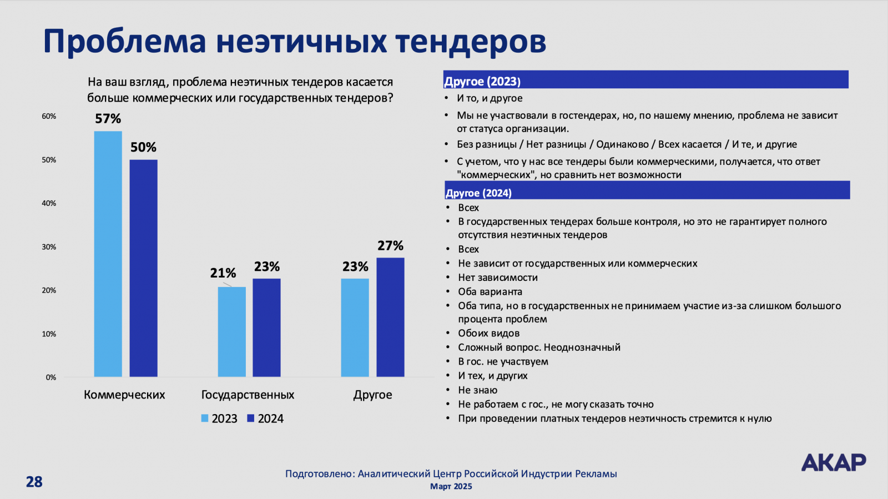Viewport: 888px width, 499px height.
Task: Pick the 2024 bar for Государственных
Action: (266, 327)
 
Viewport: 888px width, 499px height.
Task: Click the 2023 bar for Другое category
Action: (355, 327)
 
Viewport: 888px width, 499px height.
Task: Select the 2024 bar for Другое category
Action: (390, 317)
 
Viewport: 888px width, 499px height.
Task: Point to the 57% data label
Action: (108, 119)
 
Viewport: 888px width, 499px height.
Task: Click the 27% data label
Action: (390, 246)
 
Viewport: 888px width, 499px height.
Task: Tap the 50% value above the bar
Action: (143, 148)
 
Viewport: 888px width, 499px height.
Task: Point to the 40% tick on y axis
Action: (49, 204)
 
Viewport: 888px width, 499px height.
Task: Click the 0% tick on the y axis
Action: (51, 377)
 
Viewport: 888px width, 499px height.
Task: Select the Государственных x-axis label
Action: (248, 395)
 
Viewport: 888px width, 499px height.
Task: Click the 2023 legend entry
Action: (219, 419)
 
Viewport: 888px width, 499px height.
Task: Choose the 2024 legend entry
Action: (265, 419)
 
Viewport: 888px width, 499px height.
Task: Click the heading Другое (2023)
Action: (482, 82)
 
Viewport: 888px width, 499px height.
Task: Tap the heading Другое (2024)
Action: (478, 193)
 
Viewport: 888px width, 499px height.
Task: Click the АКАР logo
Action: (833, 462)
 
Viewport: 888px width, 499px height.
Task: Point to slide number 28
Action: (34, 482)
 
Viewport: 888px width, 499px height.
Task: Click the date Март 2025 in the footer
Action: (451, 487)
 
